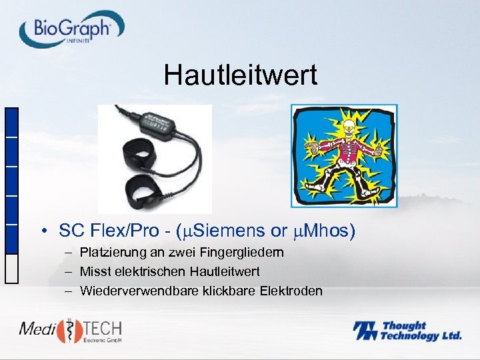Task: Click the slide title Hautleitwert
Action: click(241, 75)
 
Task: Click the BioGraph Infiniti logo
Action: click(71, 28)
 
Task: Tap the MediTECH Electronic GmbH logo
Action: click(70, 331)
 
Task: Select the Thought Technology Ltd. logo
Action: click(407, 331)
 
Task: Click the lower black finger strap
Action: click(144, 190)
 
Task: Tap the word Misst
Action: click(93, 271)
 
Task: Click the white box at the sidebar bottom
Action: click(11, 269)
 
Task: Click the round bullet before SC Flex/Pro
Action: click(42, 232)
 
